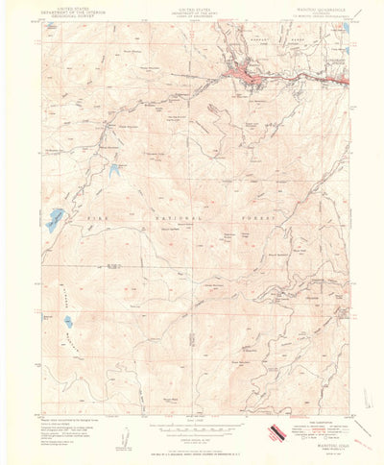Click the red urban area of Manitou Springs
(246, 75)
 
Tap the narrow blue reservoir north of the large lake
(114, 173)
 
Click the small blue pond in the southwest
(67, 322)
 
